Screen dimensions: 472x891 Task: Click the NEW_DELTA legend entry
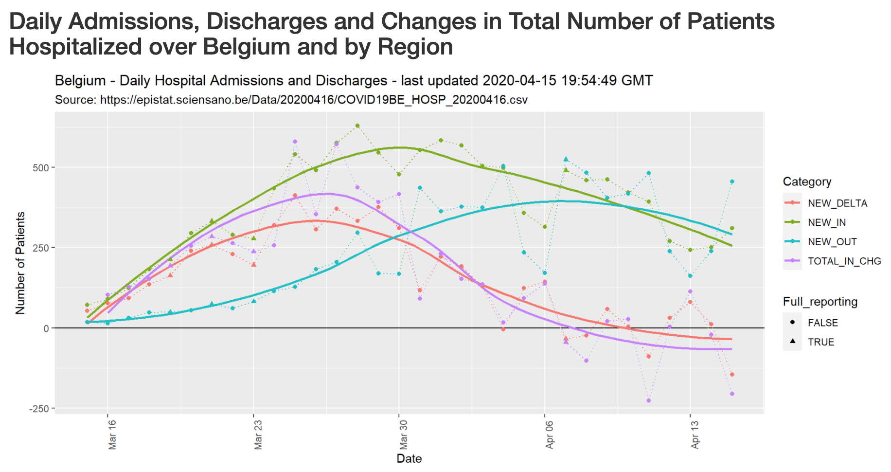[x=837, y=203]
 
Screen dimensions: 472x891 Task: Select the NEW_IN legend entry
[x=826, y=223]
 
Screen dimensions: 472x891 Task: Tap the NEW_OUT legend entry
[x=832, y=242]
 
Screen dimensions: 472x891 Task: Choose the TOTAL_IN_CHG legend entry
[x=844, y=261]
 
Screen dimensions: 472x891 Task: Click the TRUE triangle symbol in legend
[x=793, y=342]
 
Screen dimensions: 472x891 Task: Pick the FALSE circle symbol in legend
[x=793, y=322]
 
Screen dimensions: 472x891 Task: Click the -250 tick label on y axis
[x=39, y=409]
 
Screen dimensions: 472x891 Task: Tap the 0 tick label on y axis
[x=46, y=328]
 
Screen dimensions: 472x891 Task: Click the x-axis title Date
[x=409, y=458]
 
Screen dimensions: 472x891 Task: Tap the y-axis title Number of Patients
[x=20, y=263]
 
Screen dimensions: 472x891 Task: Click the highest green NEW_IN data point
[x=357, y=126]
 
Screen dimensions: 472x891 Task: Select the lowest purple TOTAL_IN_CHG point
[x=648, y=400]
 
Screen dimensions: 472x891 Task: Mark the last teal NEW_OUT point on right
[x=732, y=182]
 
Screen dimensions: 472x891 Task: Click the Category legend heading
[x=807, y=182]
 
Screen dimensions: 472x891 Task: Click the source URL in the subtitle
[x=314, y=100]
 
